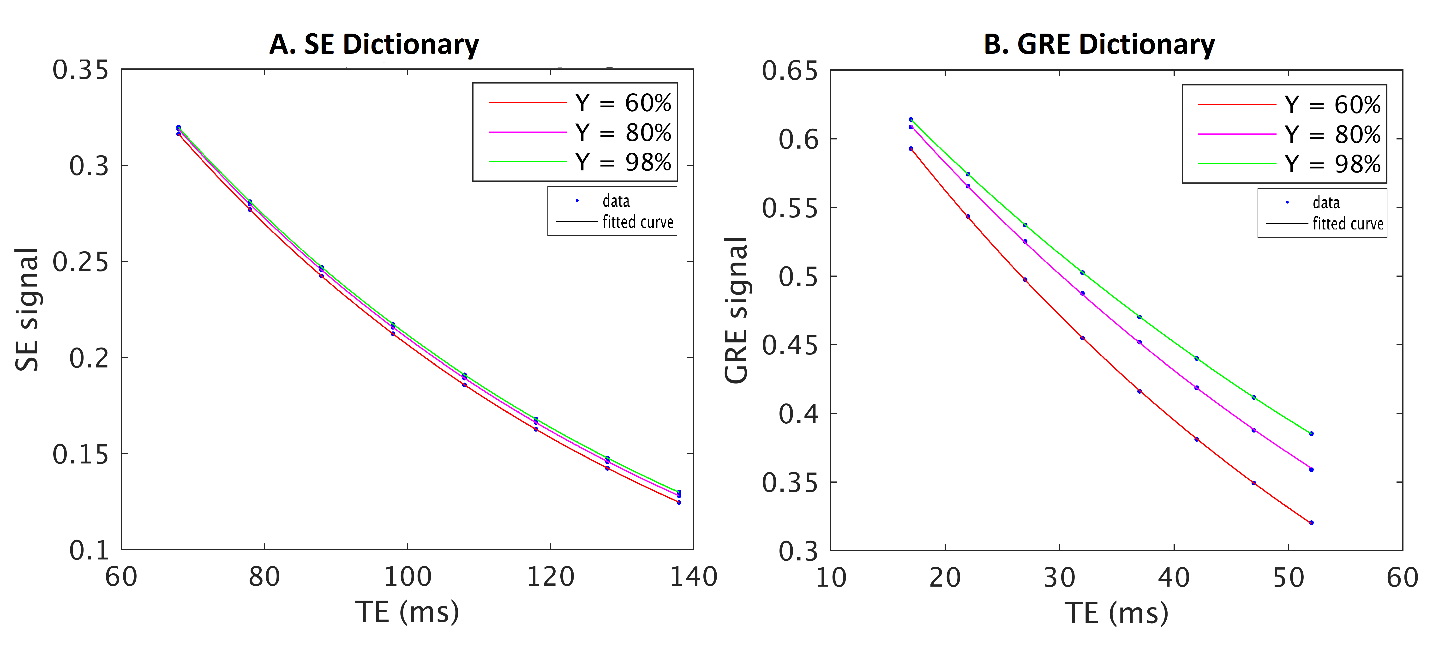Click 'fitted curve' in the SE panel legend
(637, 222)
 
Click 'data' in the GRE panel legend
(1325, 202)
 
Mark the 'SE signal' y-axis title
(27, 310)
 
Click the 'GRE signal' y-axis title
(736, 310)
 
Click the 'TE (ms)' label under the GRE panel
(1116, 613)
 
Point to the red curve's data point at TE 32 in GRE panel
(1082, 338)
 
